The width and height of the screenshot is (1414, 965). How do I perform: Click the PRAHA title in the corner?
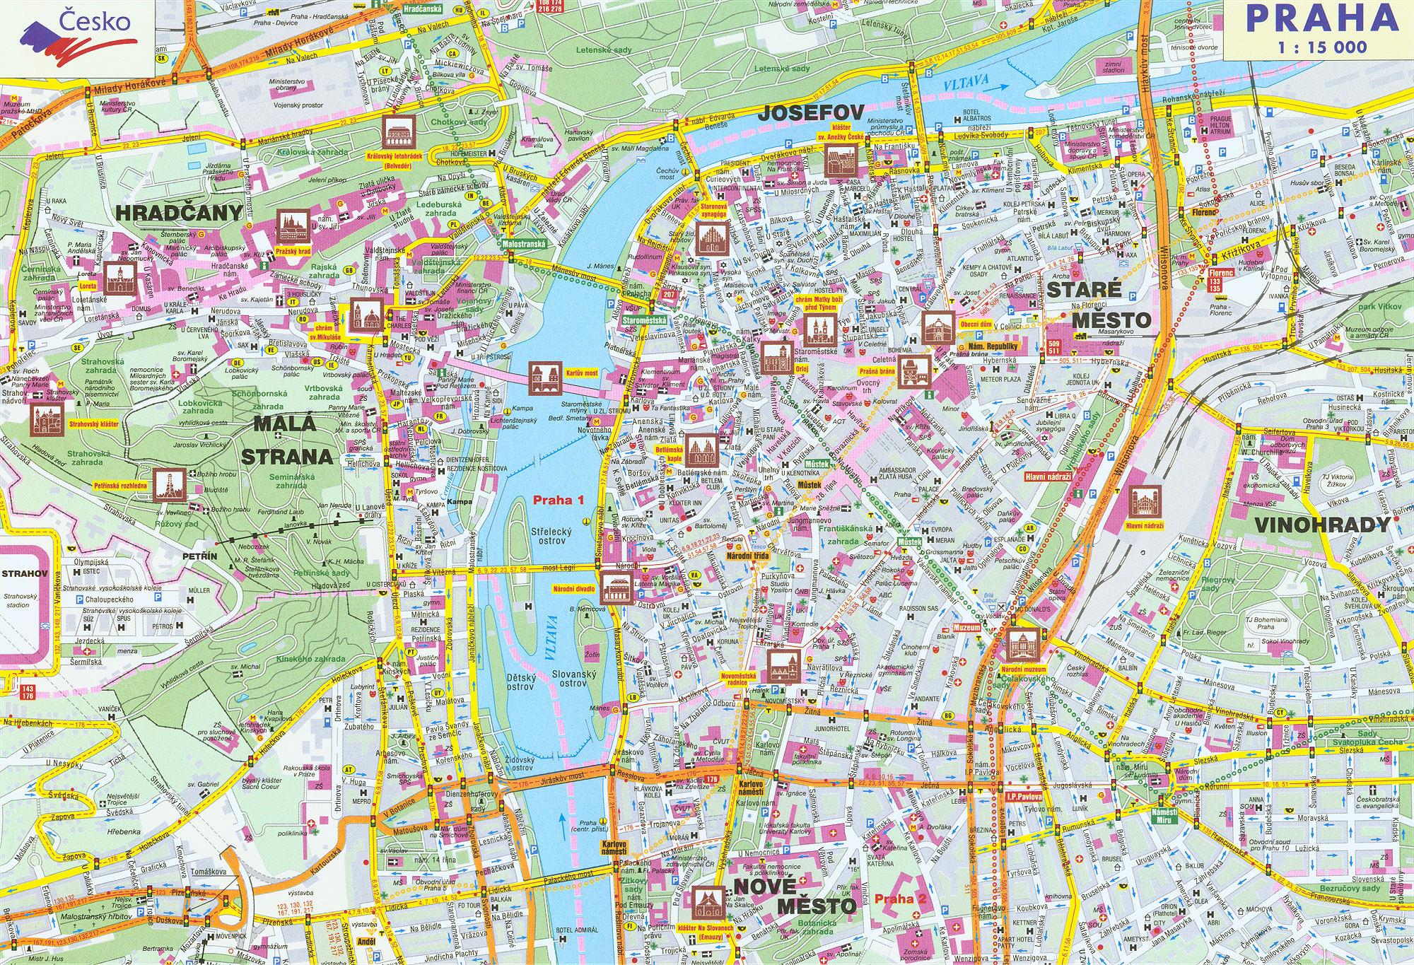click(1321, 19)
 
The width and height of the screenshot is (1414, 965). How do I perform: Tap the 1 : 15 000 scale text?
click(1321, 48)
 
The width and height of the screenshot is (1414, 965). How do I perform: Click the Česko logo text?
click(94, 21)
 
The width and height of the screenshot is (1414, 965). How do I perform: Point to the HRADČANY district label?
click(179, 213)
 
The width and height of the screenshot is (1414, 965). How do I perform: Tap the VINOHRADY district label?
click(1322, 525)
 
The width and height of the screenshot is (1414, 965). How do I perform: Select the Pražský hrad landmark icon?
click(293, 226)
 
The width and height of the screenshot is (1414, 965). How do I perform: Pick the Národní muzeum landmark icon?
click(1023, 645)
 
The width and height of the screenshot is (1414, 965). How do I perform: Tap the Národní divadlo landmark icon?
click(614, 587)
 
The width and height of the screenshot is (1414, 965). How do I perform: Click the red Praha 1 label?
click(558, 501)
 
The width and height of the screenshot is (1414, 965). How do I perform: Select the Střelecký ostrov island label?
click(551, 535)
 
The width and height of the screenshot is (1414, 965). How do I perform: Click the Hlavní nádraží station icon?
click(1144, 502)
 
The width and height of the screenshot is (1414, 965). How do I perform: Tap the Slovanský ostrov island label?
click(573, 679)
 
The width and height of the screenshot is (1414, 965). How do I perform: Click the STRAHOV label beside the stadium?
click(24, 573)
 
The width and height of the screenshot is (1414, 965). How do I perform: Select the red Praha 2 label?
click(900, 899)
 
